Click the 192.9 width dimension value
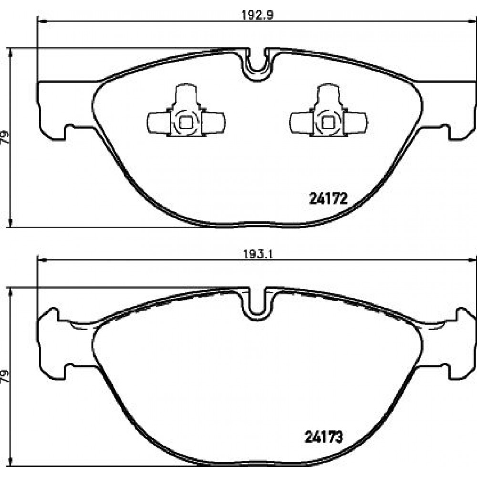click(x=258, y=15)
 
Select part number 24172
click(x=328, y=199)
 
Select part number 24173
click(x=324, y=437)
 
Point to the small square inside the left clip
click(x=186, y=123)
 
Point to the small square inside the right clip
click(x=328, y=123)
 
